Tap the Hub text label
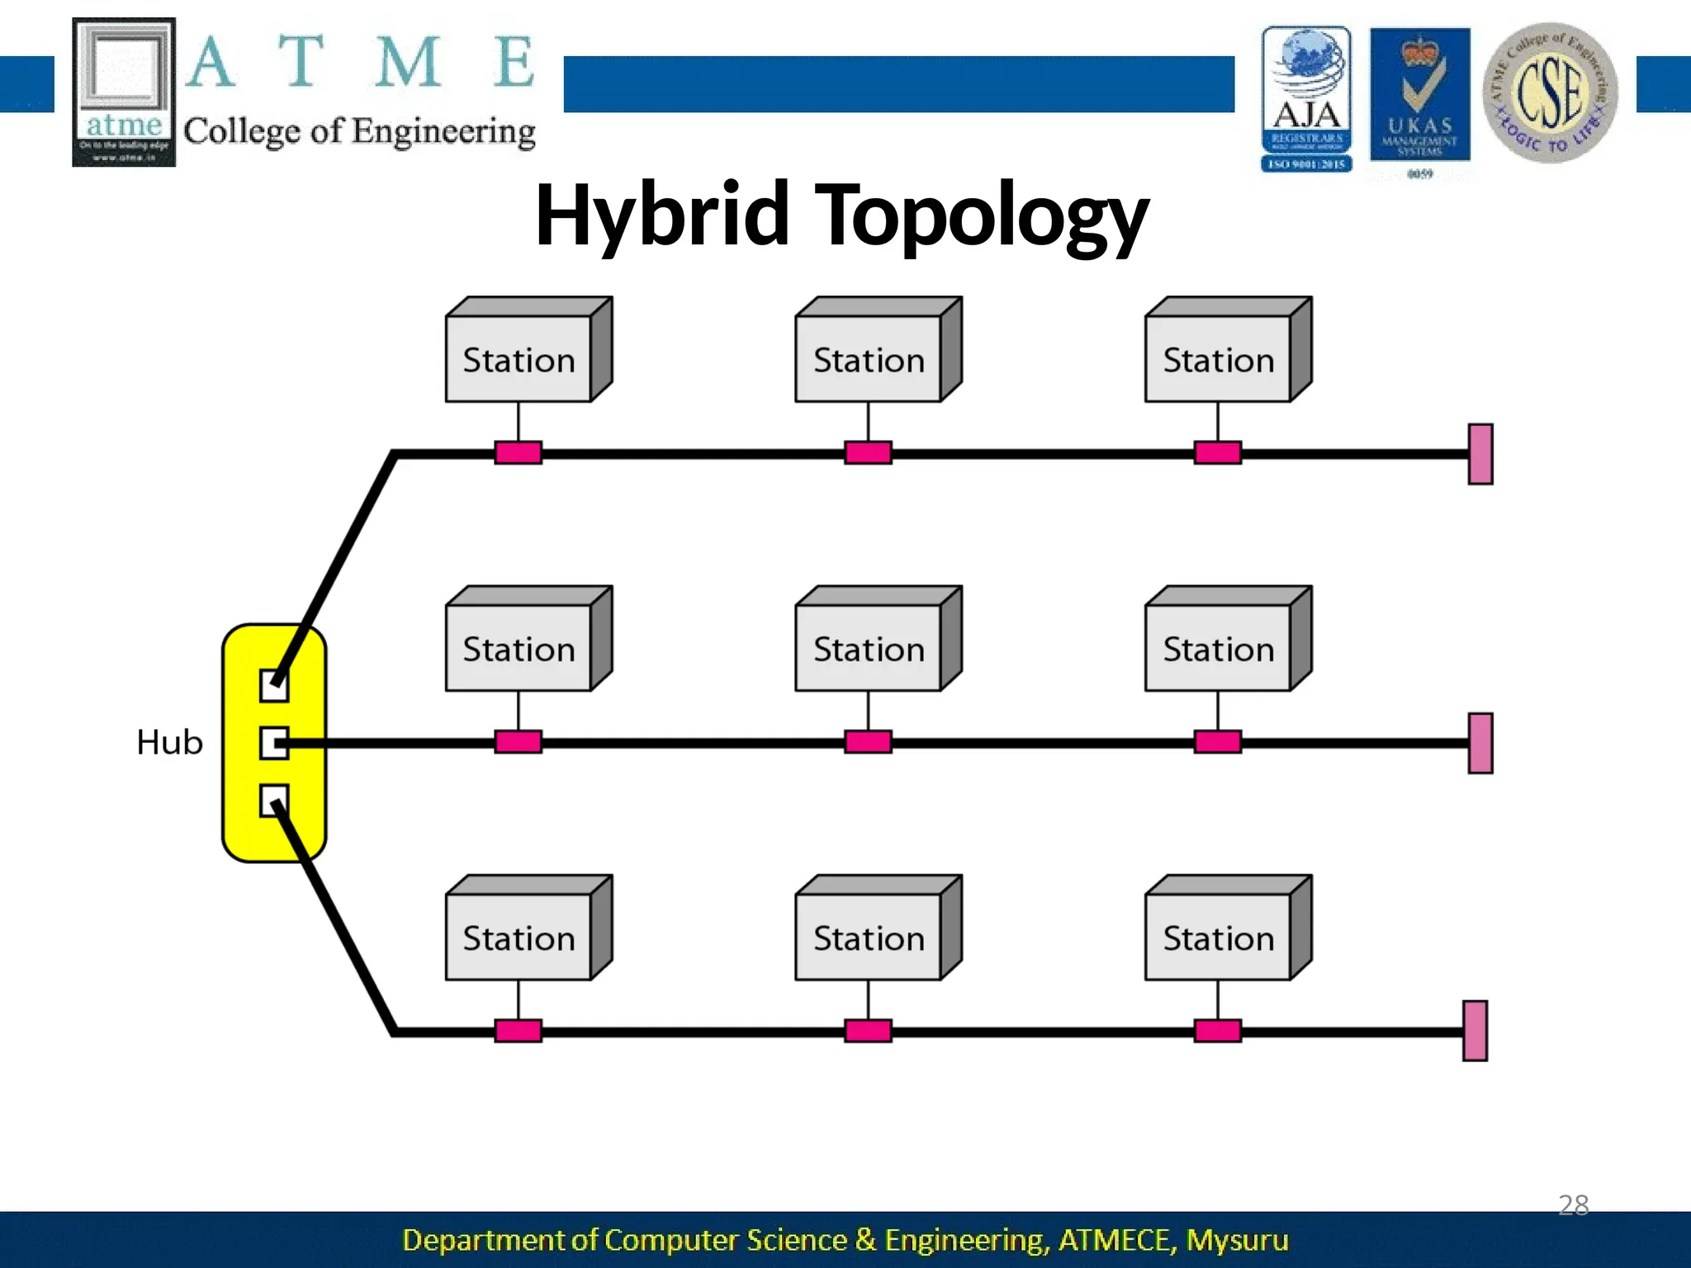(x=169, y=742)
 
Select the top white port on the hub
(x=273, y=685)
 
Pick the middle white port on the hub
(x=273, y=743)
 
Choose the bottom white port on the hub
(x=273, y=800)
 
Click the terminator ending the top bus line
(x=1480, y=454)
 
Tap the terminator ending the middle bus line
(x=1480, y=743)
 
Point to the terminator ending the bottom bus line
(x=1475, y=1031)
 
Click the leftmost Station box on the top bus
(x=519, y=360)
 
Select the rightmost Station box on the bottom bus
(x=1218, y=938)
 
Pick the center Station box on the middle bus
(x=868, y=649)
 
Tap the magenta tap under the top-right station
(x=1217, y=452)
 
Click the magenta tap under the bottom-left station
(x=518, y=1031)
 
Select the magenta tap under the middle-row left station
(x=518, y=741)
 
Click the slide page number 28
(x=1573, y=1204)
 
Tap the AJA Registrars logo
(x=1306, y=98)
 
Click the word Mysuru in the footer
(x=1237, y=1240)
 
